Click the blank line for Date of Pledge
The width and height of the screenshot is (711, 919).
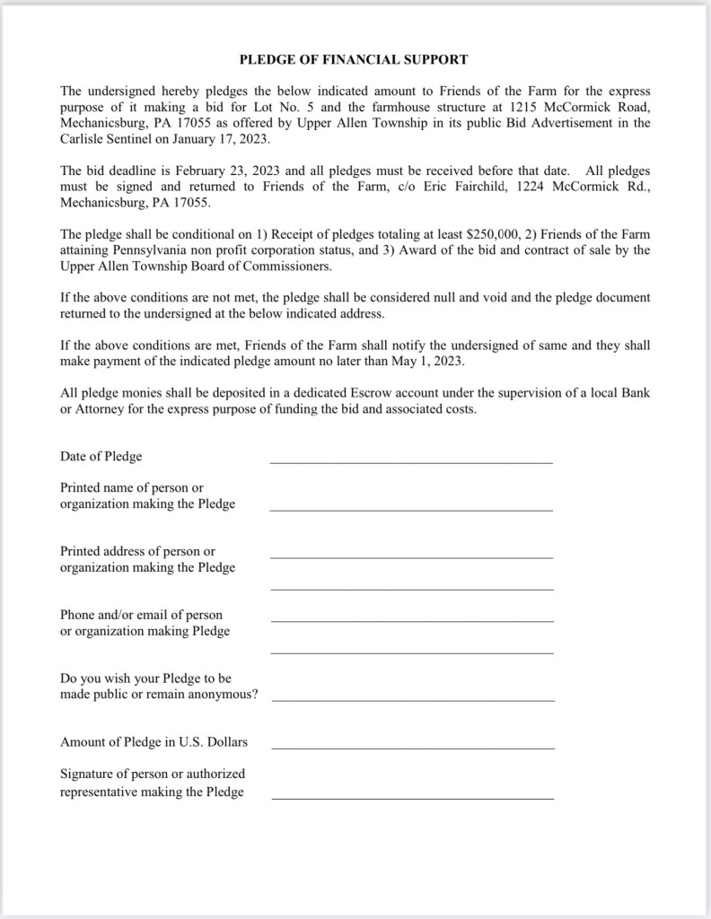[x=411, y=461]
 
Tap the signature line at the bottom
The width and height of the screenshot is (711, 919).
[x=412, y=797]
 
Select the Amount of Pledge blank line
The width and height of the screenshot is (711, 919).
[x=412, y=747]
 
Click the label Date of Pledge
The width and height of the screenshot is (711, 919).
[x=101, y=456]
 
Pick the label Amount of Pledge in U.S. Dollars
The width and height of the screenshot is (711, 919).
[x=154, y=742]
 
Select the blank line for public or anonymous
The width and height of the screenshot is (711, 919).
[x=412, y=699]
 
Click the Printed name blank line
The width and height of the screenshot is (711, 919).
[x=411, y=509]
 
